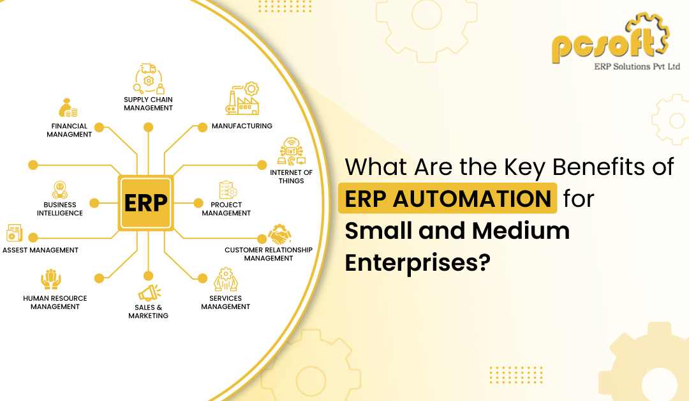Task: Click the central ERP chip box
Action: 145,202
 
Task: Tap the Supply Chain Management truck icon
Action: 149,79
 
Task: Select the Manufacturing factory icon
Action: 242,98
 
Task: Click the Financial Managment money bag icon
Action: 68,108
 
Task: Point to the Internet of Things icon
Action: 292,151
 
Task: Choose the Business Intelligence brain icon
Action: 60,190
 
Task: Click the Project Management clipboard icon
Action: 228,190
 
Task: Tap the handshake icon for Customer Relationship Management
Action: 280,234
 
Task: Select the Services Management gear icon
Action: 226,280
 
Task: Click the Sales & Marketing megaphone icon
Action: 149,293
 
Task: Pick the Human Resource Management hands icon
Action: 51,279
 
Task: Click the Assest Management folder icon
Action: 14,233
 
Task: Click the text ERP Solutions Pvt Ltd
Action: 637,67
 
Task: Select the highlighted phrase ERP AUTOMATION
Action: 448,199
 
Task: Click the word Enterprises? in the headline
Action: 417,263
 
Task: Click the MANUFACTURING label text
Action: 242,126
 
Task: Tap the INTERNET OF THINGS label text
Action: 292,177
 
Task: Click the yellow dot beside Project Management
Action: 198,203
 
